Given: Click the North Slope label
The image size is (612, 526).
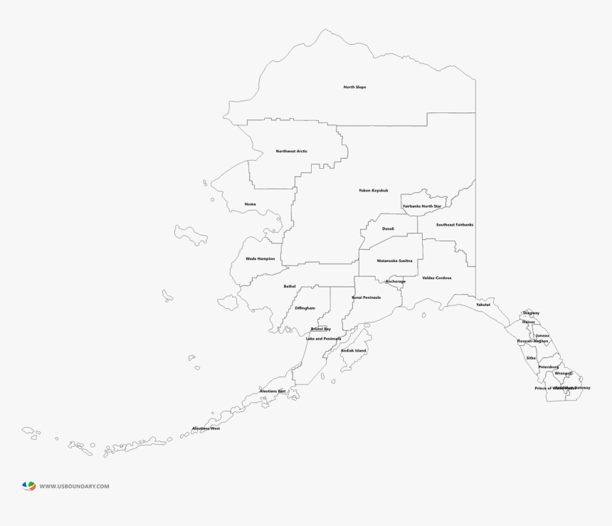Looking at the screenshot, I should pos(354,88).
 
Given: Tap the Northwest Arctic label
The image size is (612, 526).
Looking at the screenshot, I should pos(292,152).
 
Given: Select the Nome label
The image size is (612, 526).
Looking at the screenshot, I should pos(250,204).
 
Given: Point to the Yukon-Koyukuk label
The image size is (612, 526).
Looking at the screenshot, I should pos(373,191).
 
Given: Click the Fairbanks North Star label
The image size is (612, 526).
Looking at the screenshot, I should pos(422,206).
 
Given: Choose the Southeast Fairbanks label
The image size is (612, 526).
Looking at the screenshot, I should pos(455,225).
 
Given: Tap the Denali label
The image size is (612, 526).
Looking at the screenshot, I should pos(388,229).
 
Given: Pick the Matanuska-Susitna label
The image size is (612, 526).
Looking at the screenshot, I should pos(394,261).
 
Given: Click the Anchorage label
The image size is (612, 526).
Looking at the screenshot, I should pos(396,281).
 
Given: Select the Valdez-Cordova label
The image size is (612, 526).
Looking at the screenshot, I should pos(436,278).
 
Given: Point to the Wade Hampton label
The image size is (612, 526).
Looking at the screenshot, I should pos(260,259).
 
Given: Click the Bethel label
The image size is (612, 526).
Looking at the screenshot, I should pos(289,286).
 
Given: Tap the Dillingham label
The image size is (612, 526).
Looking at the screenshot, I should pos(305,308).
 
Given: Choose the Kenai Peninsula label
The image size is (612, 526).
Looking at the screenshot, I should pos(366,298).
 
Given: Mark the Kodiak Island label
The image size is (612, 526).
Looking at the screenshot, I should pos(354,351).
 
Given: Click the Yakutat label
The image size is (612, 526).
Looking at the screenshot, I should pos(483,305).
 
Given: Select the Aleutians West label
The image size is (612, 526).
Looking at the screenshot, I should pos(206,428).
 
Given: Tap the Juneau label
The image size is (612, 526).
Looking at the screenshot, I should pos(542,335).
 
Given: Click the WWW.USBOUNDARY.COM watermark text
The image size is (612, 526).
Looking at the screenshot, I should pos(74,487).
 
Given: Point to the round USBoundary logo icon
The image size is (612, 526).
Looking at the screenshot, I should pos(28,486).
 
